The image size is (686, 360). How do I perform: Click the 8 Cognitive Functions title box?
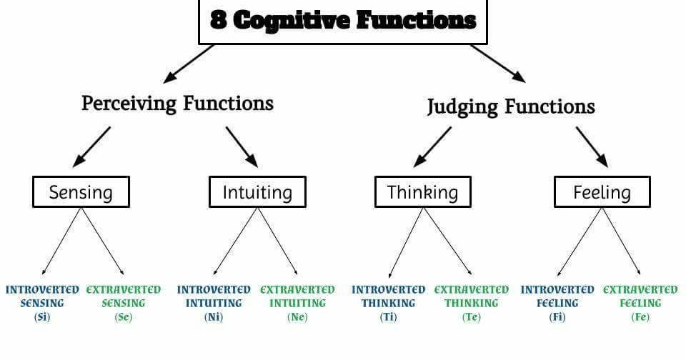(342, 21)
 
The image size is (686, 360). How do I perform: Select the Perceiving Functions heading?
(177, 103)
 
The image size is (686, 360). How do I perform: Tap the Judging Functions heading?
(510, 106)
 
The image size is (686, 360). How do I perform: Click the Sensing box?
(81, 192)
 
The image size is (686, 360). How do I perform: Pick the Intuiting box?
(257, 192)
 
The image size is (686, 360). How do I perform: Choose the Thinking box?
(422, 191)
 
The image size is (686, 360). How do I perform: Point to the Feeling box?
(602, 191)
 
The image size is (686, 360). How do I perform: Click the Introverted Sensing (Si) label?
(42, 303)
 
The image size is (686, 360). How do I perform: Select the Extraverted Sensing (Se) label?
(124, 303)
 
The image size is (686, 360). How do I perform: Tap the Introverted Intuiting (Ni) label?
(214, 303)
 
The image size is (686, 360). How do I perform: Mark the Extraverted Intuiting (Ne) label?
(297, 303)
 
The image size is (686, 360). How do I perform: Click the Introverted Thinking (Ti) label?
(388, 303)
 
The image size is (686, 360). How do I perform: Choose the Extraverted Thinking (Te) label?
(472, 303)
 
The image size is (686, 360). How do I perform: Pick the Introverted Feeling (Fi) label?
(557, 303)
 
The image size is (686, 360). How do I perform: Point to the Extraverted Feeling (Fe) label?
(640, 303)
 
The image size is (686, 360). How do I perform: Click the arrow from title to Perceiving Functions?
(189, 63)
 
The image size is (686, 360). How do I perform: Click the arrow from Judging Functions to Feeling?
(592, 146)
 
